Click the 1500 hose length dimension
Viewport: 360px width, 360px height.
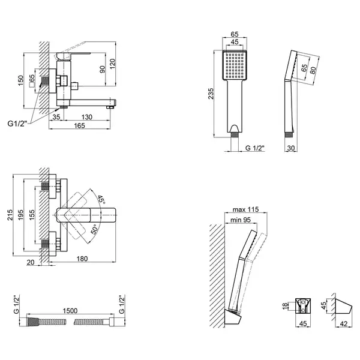[70, 311]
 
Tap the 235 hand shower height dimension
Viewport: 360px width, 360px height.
[211, 94]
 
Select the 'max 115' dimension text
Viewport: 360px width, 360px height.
[245, 209]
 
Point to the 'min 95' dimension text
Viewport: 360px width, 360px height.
[241, 220]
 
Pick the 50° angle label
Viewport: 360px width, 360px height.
[95, 229]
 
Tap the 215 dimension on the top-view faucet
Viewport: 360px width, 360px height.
[10, 215]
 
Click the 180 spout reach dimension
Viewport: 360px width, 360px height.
[82, 259]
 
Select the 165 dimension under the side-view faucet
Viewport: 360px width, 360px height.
[79, 125]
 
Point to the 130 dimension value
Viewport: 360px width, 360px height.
[87, 117]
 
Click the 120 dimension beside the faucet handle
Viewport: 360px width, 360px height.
[113, 64]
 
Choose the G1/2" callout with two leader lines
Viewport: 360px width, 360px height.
[17, 124]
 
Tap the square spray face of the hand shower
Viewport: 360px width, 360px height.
[235, 65]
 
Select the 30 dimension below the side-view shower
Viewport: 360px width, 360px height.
[291, 148]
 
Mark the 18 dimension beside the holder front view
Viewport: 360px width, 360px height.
[285, 306]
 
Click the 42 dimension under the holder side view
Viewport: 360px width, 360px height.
[343, 324]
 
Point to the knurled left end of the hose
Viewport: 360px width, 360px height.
[34, 322]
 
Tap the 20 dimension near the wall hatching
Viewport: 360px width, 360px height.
[31, 262]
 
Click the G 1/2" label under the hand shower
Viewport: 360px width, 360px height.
[255, 148]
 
